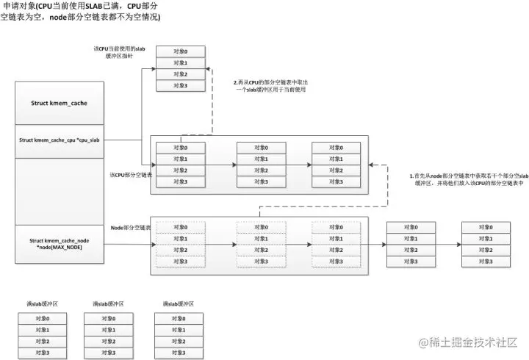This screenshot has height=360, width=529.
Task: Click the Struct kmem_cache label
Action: pos(59,104)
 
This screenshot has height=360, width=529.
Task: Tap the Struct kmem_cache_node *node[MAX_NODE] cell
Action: pos(59,244)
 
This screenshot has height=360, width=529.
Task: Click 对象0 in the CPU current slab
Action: pos(180,51)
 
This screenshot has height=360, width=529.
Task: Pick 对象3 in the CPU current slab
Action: pos(180,86)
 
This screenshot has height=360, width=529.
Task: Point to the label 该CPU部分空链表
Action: pos(131,175)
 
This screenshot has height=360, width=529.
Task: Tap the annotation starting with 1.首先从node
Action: pos(462,181)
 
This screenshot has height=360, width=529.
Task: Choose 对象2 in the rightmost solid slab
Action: pos(486,251)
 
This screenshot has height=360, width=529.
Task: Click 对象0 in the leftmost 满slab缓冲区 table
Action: pos(43,319)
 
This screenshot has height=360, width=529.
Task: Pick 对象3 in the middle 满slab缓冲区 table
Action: pos(108,353)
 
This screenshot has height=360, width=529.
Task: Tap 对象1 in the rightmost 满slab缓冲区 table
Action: pos(180,331)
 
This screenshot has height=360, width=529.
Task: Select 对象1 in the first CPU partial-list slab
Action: pos(180,159)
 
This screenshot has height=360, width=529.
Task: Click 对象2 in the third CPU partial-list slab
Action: pos(336,170)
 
